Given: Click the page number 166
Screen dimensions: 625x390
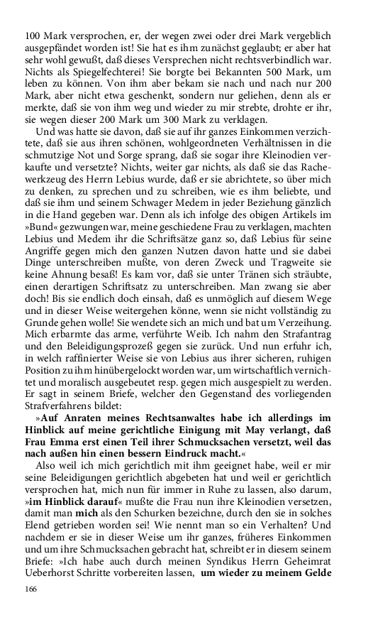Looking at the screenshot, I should [30, 589].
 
